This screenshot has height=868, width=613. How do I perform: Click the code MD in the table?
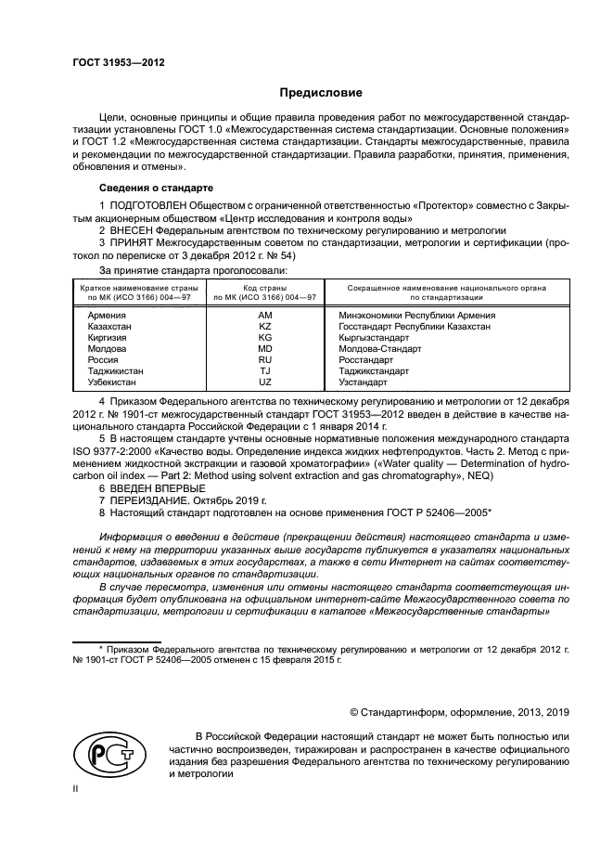pyautogui.click(x=265, y=348)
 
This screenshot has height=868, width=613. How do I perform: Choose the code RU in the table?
pyautogui.click(x=265, y=359)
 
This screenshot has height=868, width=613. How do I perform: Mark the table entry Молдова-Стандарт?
pyautogui.click(x=373, y=348)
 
